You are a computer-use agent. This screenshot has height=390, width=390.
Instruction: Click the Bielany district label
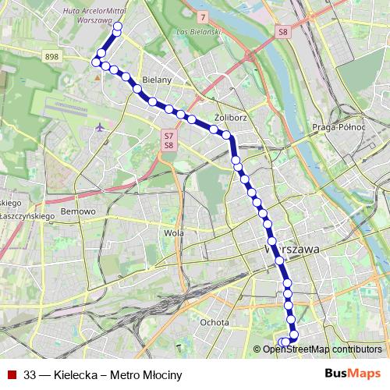[157, 80]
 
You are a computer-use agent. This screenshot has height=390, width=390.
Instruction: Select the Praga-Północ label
[339, 126]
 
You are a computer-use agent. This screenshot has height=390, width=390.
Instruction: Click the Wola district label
[174, 232]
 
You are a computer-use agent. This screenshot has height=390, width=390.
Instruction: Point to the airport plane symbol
[99, 127]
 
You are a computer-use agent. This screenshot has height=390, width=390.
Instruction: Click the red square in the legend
[11, 374]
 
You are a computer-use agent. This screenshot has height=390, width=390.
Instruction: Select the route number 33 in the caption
[30, 374]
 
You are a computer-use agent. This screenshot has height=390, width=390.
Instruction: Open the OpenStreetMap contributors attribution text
[321, 349]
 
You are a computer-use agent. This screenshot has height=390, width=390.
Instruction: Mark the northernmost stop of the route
[118, 27]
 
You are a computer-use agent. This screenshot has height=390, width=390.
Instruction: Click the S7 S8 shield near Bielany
[168, 140]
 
